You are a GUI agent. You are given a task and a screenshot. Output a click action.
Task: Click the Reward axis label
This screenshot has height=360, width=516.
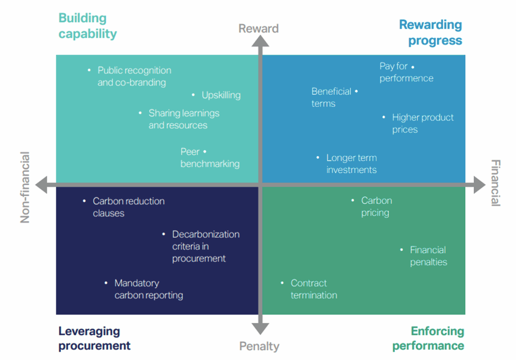(258, 29)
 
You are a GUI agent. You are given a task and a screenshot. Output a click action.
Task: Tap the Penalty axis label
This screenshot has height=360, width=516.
(259, 346)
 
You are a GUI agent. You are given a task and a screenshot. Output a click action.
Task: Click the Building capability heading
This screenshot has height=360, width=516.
(87, 26)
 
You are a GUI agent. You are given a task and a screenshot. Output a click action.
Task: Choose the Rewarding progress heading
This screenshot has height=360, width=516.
(431, 32)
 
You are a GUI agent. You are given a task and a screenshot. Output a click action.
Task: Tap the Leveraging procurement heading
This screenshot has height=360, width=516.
(94, 338)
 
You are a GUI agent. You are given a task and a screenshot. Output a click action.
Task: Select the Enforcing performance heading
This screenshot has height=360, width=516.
(428, 338)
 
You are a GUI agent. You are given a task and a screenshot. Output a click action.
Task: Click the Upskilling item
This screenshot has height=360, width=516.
(221, 95)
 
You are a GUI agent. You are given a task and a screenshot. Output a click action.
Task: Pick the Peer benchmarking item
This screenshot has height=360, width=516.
(210, 158)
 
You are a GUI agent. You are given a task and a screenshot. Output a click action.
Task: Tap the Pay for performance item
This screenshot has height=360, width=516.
(406, 72)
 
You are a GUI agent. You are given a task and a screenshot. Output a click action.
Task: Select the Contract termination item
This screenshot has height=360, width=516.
(313, 289)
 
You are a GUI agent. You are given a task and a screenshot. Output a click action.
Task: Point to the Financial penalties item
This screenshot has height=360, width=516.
(428, 256)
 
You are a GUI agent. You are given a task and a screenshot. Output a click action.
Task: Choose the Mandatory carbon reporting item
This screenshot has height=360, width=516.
(148, 289)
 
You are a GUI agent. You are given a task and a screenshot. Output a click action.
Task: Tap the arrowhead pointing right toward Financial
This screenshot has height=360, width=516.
(479, 185)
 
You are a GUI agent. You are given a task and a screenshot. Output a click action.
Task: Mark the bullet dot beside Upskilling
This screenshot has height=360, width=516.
(194, 95)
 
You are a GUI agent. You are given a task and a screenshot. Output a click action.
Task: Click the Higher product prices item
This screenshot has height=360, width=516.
(423, 123)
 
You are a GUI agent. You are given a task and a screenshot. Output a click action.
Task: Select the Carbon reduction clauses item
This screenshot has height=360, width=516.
(129, 207)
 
